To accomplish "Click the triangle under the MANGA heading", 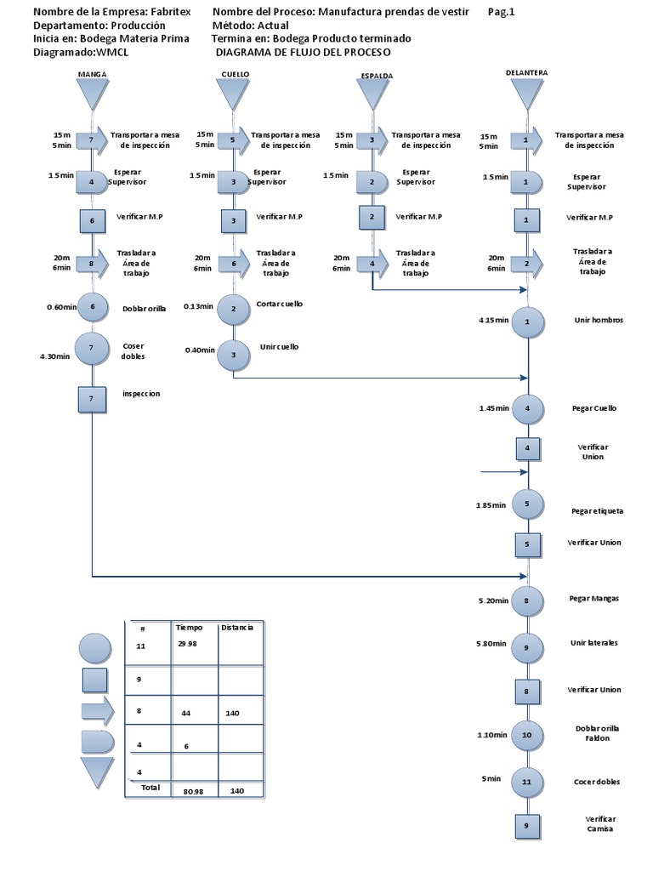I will pos(92,93).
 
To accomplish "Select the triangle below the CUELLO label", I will pos(235,93).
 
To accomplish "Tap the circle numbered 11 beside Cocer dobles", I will pos(526,782).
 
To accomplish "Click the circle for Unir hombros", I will pos(527,322).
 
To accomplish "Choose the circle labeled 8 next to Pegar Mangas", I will pos(527,601).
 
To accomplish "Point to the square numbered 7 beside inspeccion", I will pos(91,397).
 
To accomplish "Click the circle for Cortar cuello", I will pos(233,308).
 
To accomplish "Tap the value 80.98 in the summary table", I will pos(196,791).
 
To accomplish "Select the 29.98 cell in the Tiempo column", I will pos(187,643).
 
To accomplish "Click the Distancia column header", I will pos(236,628).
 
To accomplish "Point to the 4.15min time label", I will pos(493,321).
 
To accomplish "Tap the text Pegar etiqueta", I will pos(597,511).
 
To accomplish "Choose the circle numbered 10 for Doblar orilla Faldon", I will pos(526,735).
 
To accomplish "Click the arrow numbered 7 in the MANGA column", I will pos(92,138).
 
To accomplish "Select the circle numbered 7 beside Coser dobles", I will pos(91,348).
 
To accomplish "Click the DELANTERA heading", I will pos(525,73).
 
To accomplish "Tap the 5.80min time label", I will pos(493,642).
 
